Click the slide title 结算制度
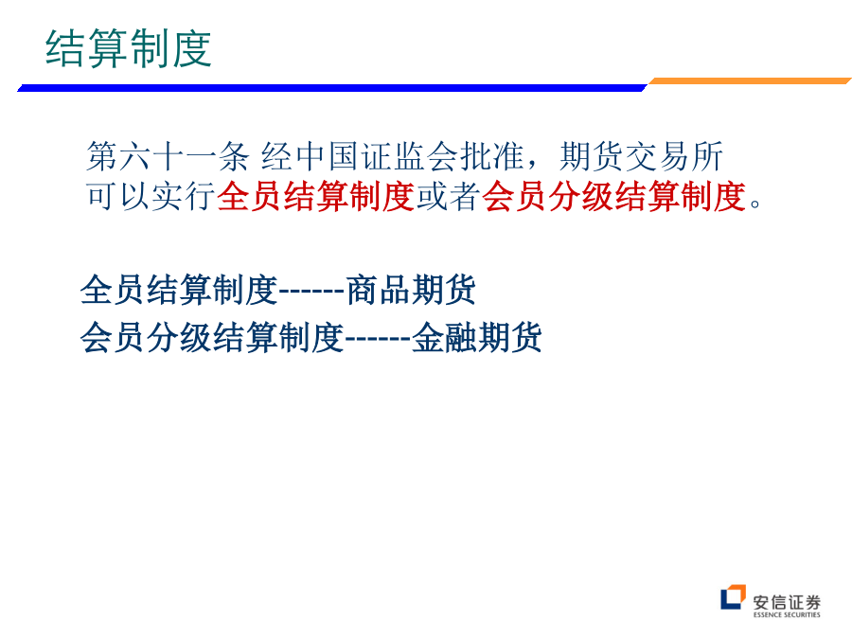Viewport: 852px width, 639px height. click(x=128, y=49)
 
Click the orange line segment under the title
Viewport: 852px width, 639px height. click(x=750, y=81)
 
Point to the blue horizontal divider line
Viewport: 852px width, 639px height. click(x=332, y=88)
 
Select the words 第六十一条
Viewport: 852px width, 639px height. click(x=168, y=157)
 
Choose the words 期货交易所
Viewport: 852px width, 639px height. click(x=641, y=157)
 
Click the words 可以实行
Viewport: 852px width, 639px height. click(x=151, y=196)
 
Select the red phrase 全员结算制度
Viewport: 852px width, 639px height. click(x=315, y=196)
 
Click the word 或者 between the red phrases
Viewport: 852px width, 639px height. click(x=449, y=196)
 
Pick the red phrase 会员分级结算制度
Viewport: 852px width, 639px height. click(x=613, y=196)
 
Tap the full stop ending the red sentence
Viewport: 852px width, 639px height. click(x=755, y=204)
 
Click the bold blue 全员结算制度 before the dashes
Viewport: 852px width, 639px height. click(x=179, y=290)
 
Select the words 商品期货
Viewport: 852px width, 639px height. click(x=411, y=290)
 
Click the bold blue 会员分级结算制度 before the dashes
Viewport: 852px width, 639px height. click(x=212, y=337)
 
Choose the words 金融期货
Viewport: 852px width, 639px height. click(x=477, y=337)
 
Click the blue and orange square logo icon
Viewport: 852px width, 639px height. click(x=733, y=597)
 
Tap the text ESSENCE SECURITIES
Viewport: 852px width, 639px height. click(x=787, y=615)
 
